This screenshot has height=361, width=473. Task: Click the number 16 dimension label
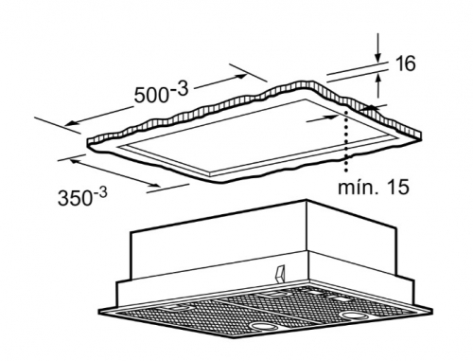(x=406, y=63)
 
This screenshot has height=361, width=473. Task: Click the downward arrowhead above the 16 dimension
(x=378, y=57)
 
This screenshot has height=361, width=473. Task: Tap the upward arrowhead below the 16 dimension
(x=378, y=78)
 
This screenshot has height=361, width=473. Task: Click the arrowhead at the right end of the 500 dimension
(x=242, y=76)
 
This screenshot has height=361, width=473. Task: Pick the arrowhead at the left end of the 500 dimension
(x=70, y=123)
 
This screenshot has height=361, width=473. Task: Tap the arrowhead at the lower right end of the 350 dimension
(x=154, y=186)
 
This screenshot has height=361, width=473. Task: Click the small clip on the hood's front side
(x=280, y=273)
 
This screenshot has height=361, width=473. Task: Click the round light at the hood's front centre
(x=263, y=326)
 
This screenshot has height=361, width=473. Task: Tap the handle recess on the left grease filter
(x=176, y=307)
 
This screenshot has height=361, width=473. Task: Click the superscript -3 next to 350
(x=99, y=191)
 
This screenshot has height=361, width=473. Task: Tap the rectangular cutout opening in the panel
(x=257, y=137)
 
